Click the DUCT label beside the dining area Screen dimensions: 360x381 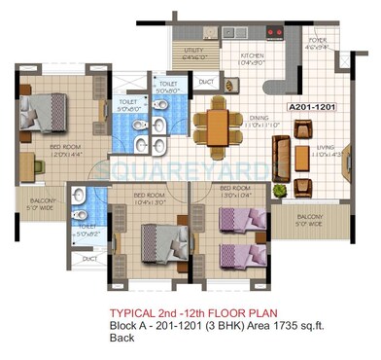coord(205,84)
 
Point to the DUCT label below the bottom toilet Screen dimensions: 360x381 coord(89,260)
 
